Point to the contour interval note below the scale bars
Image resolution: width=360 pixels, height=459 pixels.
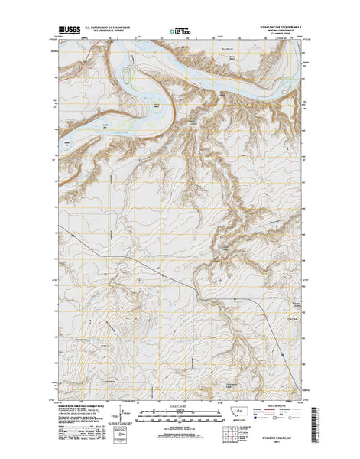[x=180, y=422]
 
